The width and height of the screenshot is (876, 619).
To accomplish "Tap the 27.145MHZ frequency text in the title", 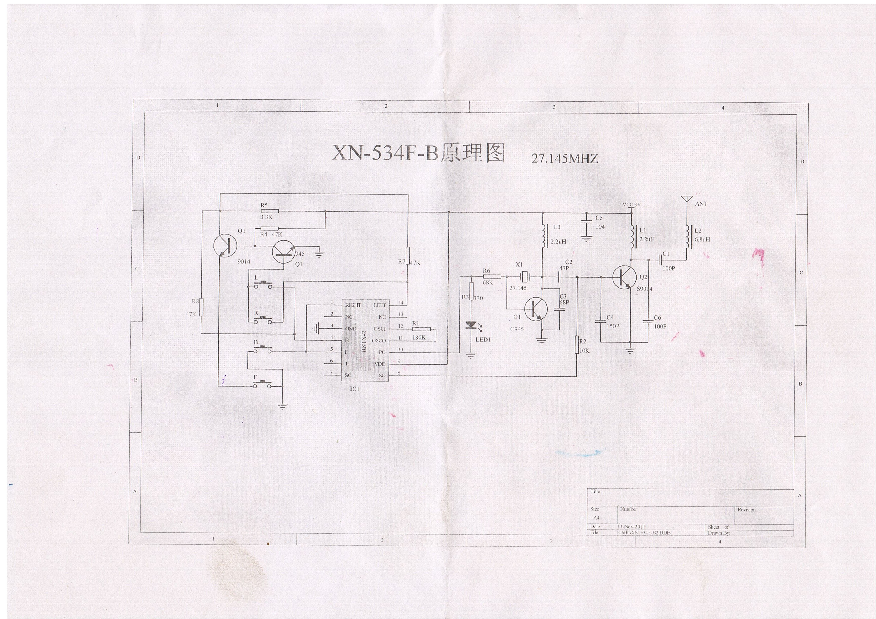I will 565,159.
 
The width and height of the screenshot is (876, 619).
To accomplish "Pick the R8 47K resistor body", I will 201,308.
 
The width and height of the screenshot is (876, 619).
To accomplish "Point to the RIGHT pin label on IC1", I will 353,305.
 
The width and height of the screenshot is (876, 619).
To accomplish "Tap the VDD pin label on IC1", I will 380,364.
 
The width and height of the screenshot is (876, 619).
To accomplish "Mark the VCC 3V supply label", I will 631,204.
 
